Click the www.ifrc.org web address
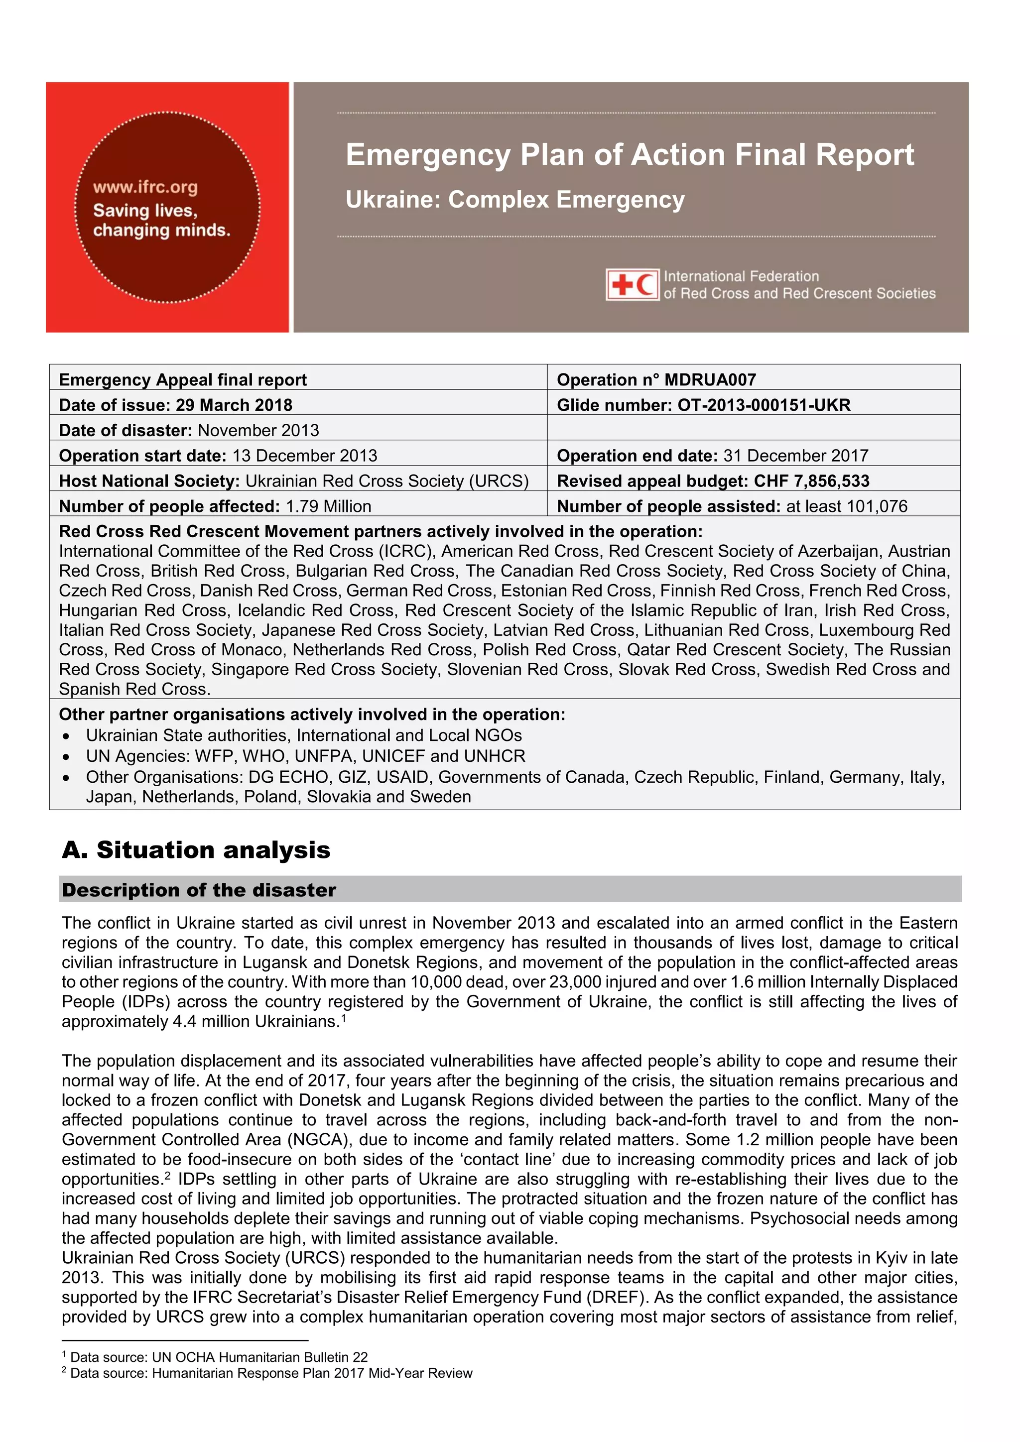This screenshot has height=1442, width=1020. [x=145, y=187]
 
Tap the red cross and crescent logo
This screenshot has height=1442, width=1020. [x=633, y=284]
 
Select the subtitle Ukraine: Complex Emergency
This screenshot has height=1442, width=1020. [x=515, y=200]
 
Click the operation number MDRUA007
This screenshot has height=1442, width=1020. [x=710, y=380]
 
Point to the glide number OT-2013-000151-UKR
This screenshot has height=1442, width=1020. [x=764, y=405]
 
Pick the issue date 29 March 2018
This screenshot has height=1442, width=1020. [x=234, y=405]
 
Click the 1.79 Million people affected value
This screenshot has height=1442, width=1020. [x=329, y=506]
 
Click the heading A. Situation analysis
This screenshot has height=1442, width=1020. [x=196, y=850]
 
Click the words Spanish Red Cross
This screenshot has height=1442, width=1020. [x=134, y=689]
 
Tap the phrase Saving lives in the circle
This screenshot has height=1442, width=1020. [x=145, y=211]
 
